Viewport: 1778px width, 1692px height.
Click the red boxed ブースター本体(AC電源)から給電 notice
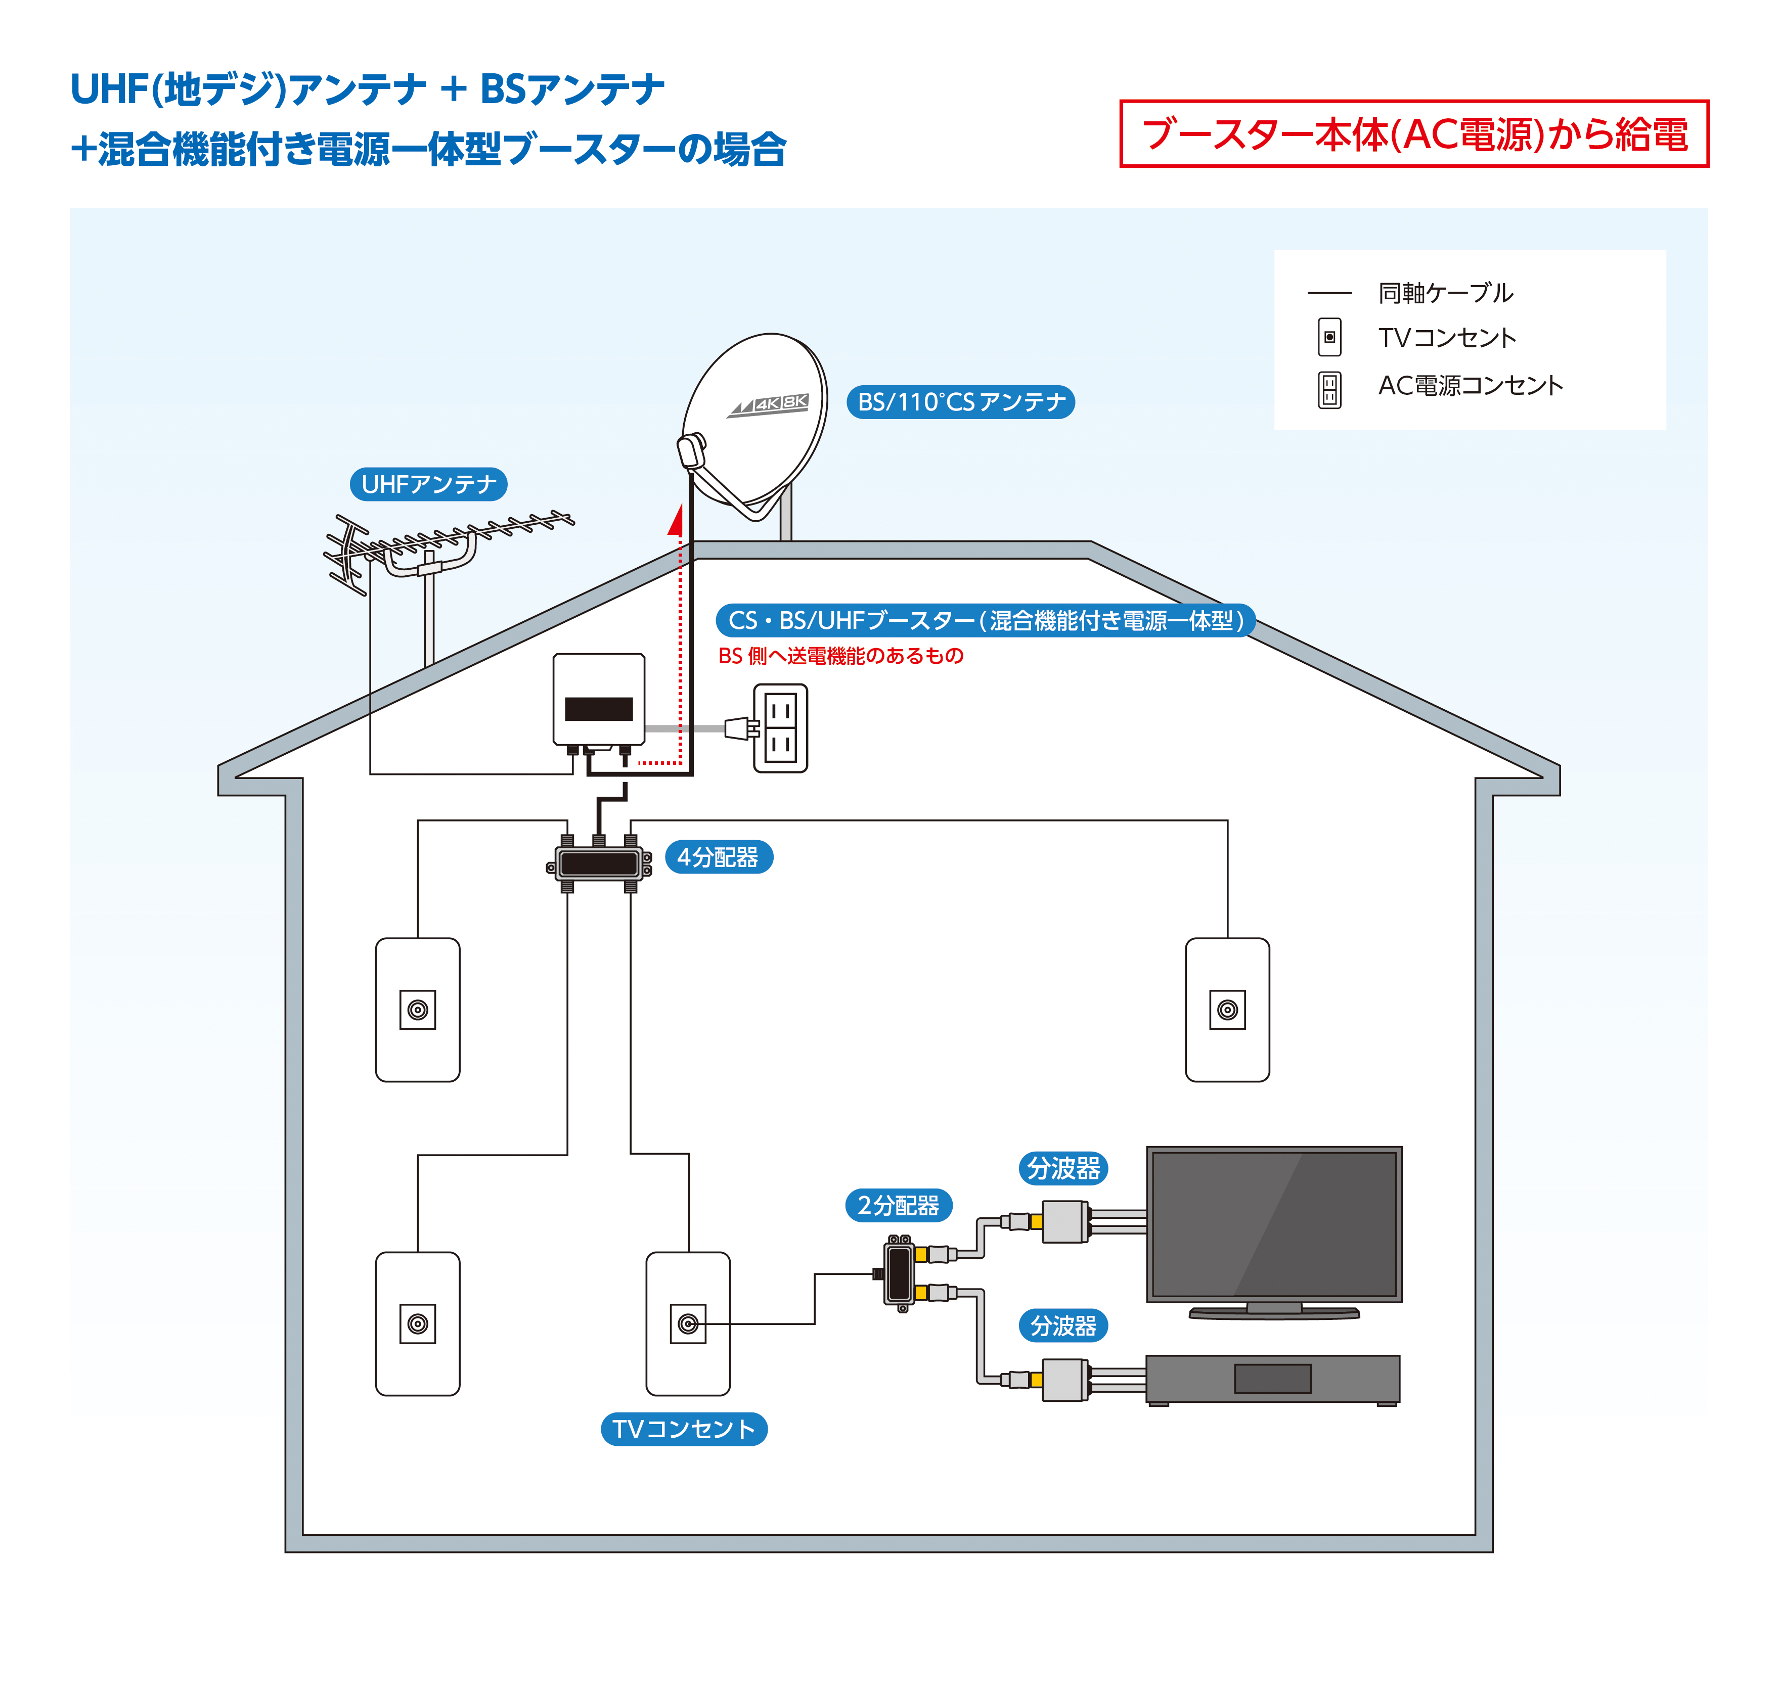point(1413,133)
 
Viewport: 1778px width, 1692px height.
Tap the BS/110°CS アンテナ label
point(960,402)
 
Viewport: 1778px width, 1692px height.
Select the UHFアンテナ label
point(428,484)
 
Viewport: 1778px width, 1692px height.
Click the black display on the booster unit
point(598,709)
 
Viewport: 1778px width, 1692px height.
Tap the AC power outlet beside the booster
point(780,728)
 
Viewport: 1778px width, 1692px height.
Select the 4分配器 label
point(718,857)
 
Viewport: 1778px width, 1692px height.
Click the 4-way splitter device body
point(598,864)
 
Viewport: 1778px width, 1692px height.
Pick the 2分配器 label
point(899,1205)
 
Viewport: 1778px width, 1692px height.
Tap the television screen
point(1273,1224)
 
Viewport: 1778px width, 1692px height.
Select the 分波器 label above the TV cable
point(1062,1168)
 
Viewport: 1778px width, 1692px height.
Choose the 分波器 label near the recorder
point(1062,1326)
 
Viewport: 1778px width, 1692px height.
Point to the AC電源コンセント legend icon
point(1329,390)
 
